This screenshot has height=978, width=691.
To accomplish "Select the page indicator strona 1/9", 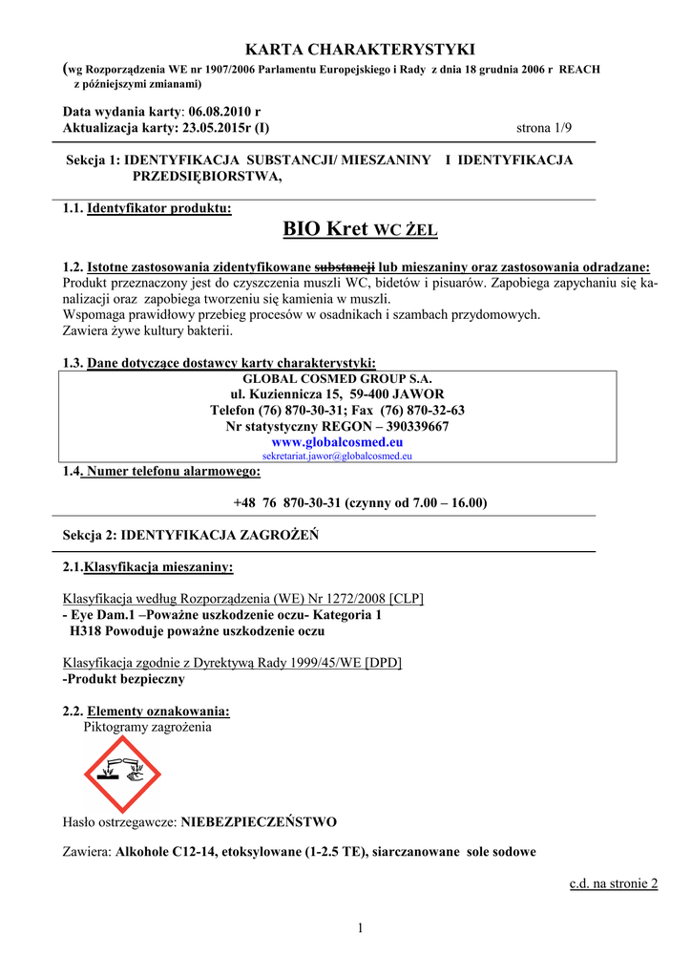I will click(x=543, y=127).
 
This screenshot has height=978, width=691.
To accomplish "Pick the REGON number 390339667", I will click(x=411, y=426).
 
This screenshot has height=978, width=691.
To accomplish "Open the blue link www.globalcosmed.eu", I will click(x=337, y=442).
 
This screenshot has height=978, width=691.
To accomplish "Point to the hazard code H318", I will click(x=87, y=630).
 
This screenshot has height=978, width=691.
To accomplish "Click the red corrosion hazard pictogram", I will click(x=123, y=775).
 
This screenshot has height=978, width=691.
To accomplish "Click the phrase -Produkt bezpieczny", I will click(x=123, y=679).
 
